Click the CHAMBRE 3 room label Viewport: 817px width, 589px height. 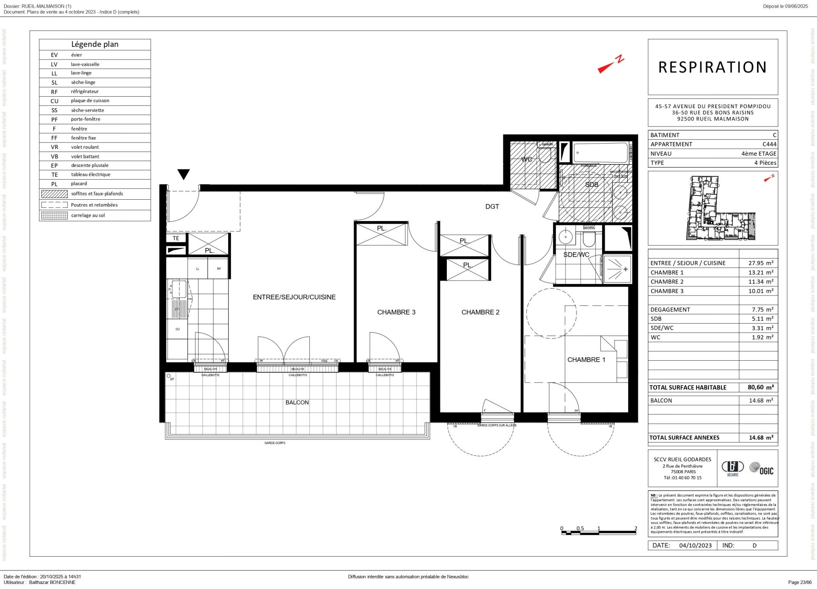pyautogui.click(x=396, y=312)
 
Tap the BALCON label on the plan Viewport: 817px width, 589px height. pyautogui.click(x=297, y=402)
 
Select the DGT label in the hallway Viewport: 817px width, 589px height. pyautogui.click(x=492, y=207)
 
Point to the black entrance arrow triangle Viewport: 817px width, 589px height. pyautogui.click(x=183, y=174)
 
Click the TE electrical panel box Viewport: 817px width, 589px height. pyautogui.click(x=176, y=238)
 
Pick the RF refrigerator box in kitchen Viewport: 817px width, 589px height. pyautogui.click(x=219, y=269)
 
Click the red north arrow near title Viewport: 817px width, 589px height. pyautogui.click(x=611, y=65)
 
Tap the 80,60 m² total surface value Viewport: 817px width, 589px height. pyautogui.click(x=760, y=388)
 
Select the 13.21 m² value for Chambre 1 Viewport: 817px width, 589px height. pyautogui.click(x=760, y=273)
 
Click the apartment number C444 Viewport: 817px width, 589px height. pyautogui.click(x=769, y=144)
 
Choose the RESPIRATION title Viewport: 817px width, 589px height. pyautogui.click(x=712, y=67)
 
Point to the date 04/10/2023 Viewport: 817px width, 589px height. pyautogui.click(x=695, y=546)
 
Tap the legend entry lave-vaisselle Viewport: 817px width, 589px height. pyautogui.click(x=85, y=64)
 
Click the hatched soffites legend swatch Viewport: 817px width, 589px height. pyautogui.click(x=54, y=194)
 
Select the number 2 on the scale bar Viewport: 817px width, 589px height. pyautogui.click(x=636, y=529)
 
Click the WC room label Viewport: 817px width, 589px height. pyautogui.click(x=526, y=160)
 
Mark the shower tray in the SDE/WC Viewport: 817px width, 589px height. pyautogui.click(x=617, y=269)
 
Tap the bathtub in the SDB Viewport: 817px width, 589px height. pyautogui.click(x=600, y=152)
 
